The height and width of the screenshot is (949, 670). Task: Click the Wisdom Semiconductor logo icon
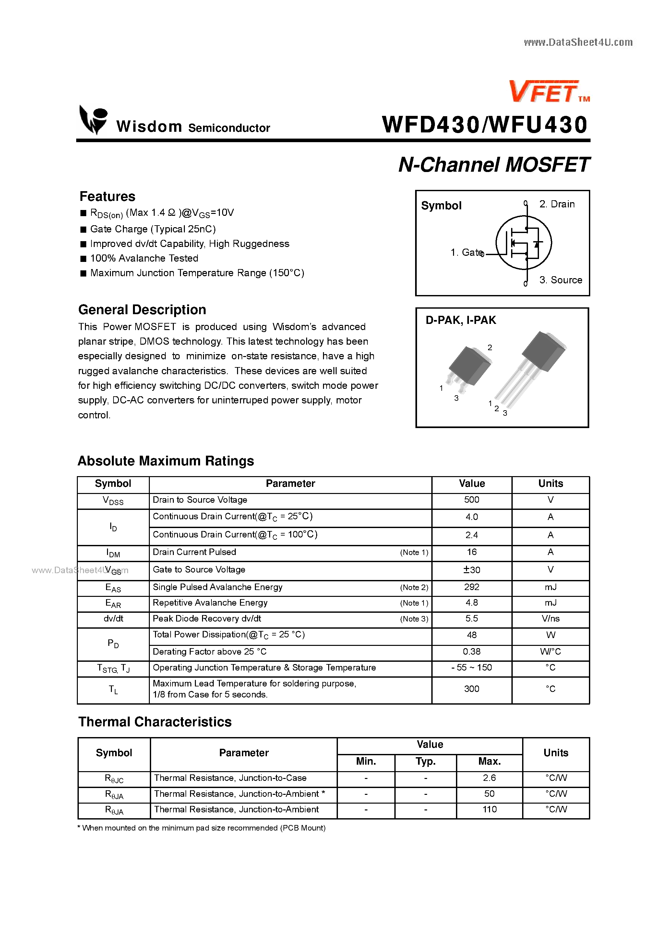coord(93,120)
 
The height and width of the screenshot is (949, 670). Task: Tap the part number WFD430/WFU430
coord(485,125)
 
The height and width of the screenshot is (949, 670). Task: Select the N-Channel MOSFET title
coord(494,165)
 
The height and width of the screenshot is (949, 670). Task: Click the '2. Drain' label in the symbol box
coord(556,204)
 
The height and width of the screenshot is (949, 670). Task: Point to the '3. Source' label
coord(560,280)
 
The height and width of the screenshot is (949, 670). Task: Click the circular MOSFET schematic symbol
coord(523,243)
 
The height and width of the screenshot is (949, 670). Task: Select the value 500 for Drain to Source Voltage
coord(471,500)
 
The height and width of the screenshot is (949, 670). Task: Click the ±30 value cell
coord(471,570)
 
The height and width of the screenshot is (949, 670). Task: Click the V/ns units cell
coord(550,619)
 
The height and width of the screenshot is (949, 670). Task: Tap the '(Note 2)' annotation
coord(414,587)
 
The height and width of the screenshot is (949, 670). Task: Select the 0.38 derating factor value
coord(471,652)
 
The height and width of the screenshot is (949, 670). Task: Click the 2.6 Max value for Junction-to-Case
coord(489,778)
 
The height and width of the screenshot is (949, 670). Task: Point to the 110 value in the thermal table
coord(489,809)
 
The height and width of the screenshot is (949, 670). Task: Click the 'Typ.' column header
coord(425,761)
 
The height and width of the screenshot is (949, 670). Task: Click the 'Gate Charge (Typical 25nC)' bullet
coord(153,229)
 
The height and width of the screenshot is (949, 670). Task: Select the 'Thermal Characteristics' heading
coord(155,722)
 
